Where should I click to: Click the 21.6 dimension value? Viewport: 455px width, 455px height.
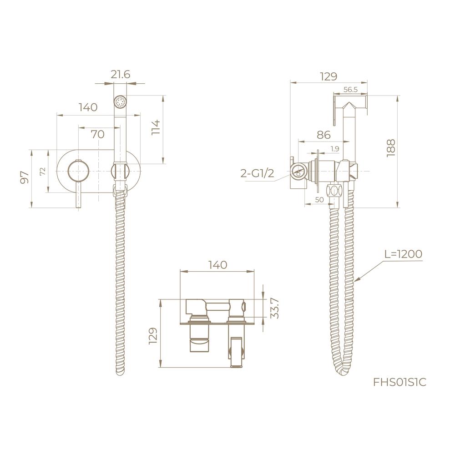pyautogui.click(x=121, y=75)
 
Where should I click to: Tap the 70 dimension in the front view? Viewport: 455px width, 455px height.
pyautogui.click(x=97, y=134)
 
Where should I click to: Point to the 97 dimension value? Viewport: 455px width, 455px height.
pyautogui.click(x=25, y=177)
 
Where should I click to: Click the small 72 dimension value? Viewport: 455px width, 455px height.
pyautogui.click(x=43, y=171)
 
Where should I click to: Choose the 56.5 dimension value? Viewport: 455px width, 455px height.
pyautogui.click(x=350, y=89)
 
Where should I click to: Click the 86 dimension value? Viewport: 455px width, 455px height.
pyautogui.click(x=324, y=135)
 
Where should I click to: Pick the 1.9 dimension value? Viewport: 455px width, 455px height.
pyautogui.click(x=334, y=149)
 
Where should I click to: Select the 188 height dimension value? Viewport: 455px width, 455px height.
pyautogui.click(x=391, y=148)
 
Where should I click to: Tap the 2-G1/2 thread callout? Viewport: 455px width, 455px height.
pyautogui.click(x=258, y=173)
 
